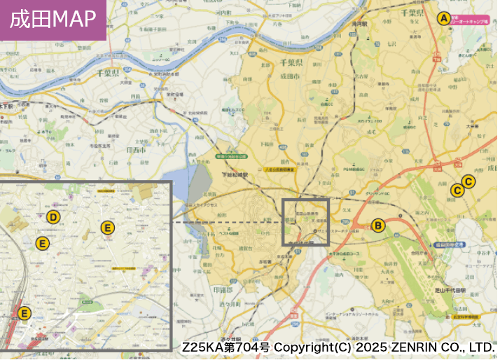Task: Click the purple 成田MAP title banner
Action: point(53,20)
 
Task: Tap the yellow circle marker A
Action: point(443,19)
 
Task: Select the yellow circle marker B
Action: point(378,225)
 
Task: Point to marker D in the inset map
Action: point(53,217)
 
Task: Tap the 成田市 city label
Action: point(290,76)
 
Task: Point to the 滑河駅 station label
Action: point(360,23)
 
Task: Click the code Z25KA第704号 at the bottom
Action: point(225,347)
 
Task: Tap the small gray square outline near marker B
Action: point(305,222)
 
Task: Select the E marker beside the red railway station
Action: point(25,313)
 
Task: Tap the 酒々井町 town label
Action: point(228,304)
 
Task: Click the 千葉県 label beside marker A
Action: point(412,13)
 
